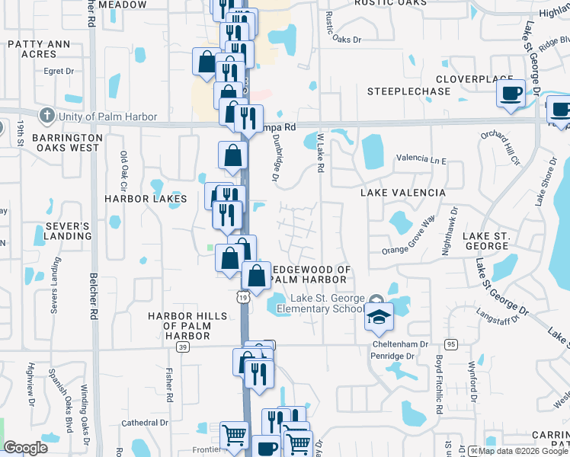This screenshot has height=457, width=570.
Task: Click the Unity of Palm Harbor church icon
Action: pos(47,117)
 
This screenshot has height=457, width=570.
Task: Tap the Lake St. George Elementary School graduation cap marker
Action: pos(378,319)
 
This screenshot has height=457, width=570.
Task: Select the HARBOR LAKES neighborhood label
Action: pos(146,199)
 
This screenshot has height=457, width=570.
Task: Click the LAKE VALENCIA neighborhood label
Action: pos(403,193)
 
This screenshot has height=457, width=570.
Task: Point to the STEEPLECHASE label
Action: pos(398,91)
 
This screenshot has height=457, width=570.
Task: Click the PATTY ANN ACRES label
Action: pos(43,49)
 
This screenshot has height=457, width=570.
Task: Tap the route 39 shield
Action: pos(182,347)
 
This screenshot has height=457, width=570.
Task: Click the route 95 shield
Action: pos(451,344)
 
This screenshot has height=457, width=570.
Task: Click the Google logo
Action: pos(26,448)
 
